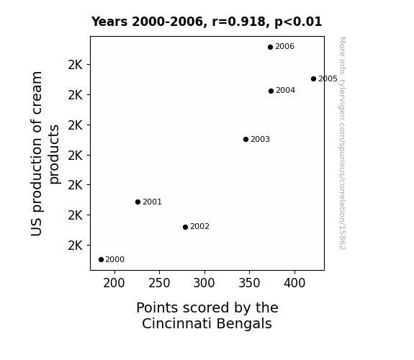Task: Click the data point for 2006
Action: click(270, 47)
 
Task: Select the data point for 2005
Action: click(313, 78)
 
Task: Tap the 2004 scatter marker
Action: click(271, 91)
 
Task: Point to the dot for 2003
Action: click(246, 139)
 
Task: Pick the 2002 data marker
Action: click(185, 227)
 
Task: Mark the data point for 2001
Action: click(138, 202)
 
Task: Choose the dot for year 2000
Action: click(101, 259)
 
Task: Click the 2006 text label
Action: click(284, 47)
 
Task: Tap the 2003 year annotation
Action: click(260, 139)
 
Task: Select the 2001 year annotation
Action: click(152, 202)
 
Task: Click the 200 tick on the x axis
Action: click(114, 283)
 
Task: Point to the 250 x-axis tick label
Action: click(159, 283)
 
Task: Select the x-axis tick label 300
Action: click(204, 283)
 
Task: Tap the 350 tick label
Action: click(249, 283)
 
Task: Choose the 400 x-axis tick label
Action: click(294, 283)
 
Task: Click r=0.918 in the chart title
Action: click(239, 22)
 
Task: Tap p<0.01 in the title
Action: click(298, 22)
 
